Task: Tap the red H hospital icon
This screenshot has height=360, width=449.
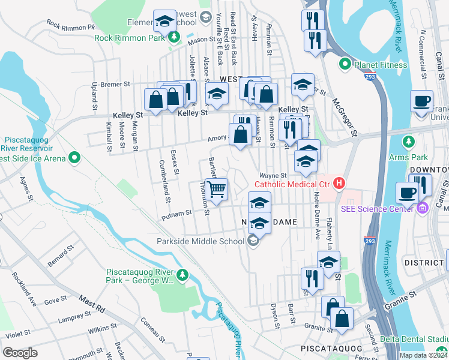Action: (340, 183)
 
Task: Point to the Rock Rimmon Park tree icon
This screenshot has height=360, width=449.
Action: (174, 38)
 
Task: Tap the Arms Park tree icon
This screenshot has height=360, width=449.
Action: (409, 142)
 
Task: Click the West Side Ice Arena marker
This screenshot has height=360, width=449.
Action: (74, 158)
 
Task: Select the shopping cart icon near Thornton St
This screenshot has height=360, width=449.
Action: (217, 189)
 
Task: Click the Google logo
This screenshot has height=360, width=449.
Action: (20, 352)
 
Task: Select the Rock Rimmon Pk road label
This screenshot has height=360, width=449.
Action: (71, 26)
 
